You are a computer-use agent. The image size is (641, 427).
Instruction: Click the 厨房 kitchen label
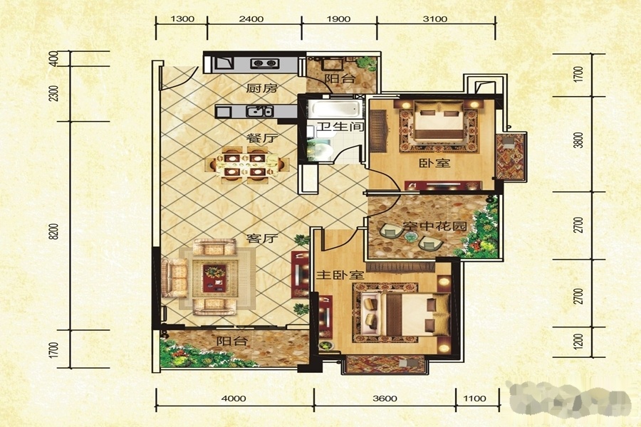262,88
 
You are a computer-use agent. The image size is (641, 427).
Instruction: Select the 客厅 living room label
262,238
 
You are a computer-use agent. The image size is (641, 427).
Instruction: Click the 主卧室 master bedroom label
340,275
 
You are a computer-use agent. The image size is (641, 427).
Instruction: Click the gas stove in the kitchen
265,63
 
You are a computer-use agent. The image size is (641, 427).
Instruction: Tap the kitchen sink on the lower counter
259,111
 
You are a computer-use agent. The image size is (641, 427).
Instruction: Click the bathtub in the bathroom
335,109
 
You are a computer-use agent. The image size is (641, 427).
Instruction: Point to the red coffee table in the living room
214,278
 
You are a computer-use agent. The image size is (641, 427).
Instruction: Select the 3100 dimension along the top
435,19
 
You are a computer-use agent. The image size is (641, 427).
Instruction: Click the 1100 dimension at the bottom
475,399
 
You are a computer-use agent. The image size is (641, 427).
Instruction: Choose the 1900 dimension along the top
339,19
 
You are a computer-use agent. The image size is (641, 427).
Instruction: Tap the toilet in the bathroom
321,150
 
